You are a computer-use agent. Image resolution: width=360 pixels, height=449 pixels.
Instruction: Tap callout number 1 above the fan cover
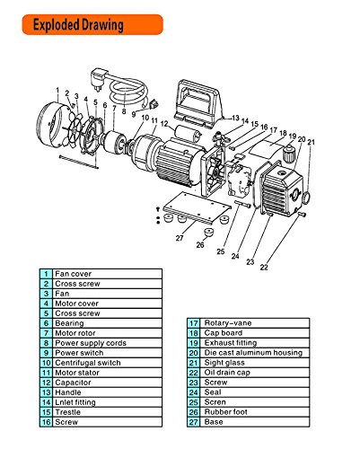[x=57, y=92]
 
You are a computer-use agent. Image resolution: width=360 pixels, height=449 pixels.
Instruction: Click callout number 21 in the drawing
[x=311, y=141]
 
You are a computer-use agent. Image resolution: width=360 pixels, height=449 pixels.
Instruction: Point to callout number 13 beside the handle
[x=234, y=119]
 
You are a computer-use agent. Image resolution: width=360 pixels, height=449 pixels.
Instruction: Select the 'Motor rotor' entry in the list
[x=76, y=331]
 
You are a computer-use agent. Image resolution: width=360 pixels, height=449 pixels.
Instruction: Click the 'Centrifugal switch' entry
[x=85, y=361]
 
